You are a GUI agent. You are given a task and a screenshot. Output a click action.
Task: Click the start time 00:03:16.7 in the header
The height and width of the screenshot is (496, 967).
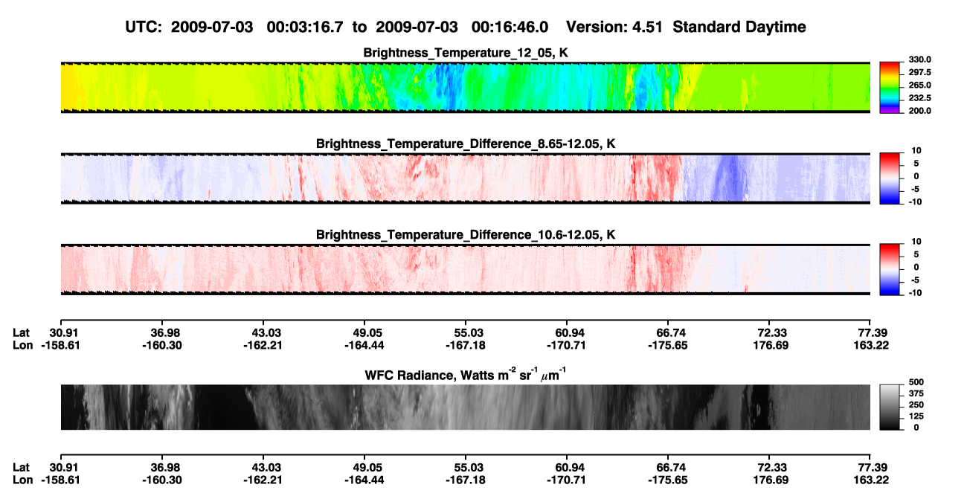pos(305,28)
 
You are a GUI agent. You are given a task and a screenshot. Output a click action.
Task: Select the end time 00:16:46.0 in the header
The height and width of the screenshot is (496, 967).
pos(510,28)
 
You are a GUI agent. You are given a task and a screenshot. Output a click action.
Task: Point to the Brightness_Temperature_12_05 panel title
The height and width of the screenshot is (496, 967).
pos(466,53)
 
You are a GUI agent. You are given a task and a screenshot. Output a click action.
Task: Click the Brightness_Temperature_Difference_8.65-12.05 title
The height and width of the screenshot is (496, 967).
pos(466,144)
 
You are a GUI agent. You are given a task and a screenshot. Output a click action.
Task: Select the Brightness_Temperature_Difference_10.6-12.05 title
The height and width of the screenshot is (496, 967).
pos(466,235)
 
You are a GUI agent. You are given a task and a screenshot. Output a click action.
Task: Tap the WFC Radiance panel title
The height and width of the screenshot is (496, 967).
pos(466,374)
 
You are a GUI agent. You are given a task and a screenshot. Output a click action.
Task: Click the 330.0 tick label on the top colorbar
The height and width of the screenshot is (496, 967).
pos(919,59)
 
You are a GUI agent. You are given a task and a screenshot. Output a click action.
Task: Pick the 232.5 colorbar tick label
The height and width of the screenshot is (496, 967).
pos(919,98)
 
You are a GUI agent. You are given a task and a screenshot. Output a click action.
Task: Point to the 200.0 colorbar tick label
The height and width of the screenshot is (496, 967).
pos(919,111)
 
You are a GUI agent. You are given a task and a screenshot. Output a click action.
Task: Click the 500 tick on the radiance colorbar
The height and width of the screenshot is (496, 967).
pos(916,382)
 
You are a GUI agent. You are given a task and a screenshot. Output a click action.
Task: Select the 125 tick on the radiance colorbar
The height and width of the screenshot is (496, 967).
pos(916,416)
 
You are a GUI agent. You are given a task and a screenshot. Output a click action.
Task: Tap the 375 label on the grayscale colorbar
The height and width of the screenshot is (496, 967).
pos(916,393)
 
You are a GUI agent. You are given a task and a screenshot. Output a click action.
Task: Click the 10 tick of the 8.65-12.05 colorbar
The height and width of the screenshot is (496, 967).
pos(916,151)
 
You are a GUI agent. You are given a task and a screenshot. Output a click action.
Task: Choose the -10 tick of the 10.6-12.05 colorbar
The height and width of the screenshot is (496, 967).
pos(915,293)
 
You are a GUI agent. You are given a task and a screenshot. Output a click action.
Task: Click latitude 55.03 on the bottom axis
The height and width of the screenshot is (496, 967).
pos(466,468)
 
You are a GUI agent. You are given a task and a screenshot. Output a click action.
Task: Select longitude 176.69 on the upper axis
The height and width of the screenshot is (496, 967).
pos(771,346)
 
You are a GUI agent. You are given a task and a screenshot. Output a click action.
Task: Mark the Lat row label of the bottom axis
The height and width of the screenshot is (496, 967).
pos(21,468)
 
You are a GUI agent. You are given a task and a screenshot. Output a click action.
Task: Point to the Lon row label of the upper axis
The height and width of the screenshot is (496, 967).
pos(22,346)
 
